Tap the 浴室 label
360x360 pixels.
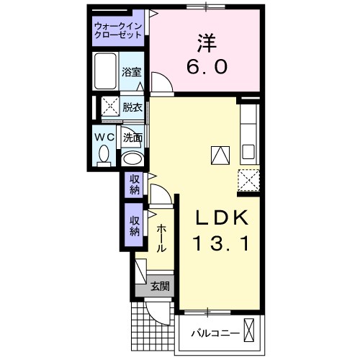pos(131,73)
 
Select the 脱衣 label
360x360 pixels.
pos(132,107)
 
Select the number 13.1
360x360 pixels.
pos(221,244)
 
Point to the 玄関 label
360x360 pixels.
pos(160,286)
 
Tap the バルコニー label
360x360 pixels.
pos(215,333)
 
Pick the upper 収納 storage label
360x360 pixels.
pos(135,185)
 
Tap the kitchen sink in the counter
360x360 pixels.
pos(248,153)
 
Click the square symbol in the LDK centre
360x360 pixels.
pos(218,153)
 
